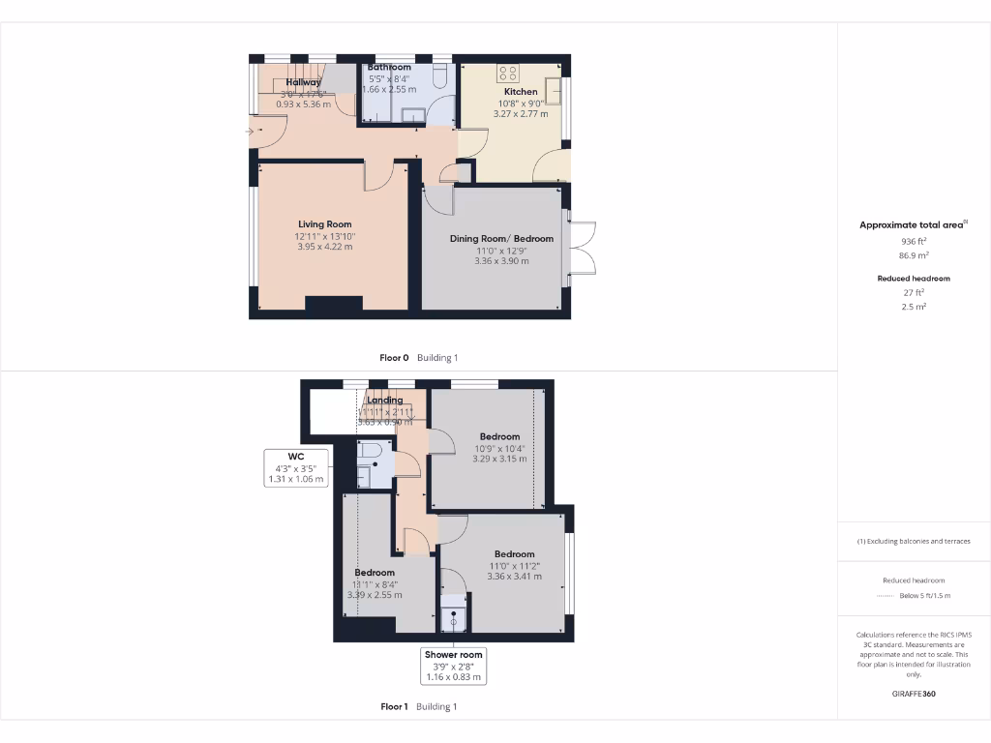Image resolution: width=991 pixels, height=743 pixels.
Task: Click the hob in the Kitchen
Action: pyautogui.click(x=508, y=73)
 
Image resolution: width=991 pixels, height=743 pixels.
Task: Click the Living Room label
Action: pyautogui.click(x=324, y=223)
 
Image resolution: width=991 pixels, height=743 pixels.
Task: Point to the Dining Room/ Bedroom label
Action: pyautogui.click(x=501, y=238)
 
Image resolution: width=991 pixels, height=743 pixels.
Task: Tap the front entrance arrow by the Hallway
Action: pyautogui.click(x=252, y=131)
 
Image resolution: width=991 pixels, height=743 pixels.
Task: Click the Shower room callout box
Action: pyautogui.click(x=454, y=667)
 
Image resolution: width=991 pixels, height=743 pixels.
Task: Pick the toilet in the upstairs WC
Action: pyautogui.click(x=368, y=452)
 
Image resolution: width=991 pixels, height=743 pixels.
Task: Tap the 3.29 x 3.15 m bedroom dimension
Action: pyautogui.click(x=499, y=459)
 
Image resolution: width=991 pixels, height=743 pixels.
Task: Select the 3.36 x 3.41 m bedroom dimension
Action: pyautogui.click(x=514, y=577)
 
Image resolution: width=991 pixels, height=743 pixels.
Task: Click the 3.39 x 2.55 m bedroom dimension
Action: pyautogui.click(x=375, y=595)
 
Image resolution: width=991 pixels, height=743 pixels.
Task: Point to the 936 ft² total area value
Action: pyautogui.click(x=913, y=243)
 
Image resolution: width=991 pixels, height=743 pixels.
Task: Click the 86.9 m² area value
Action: pyautogui.click(x=913, y=256)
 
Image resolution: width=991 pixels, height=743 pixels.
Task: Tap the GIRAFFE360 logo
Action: pyautogui.click(x=913, y=694)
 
